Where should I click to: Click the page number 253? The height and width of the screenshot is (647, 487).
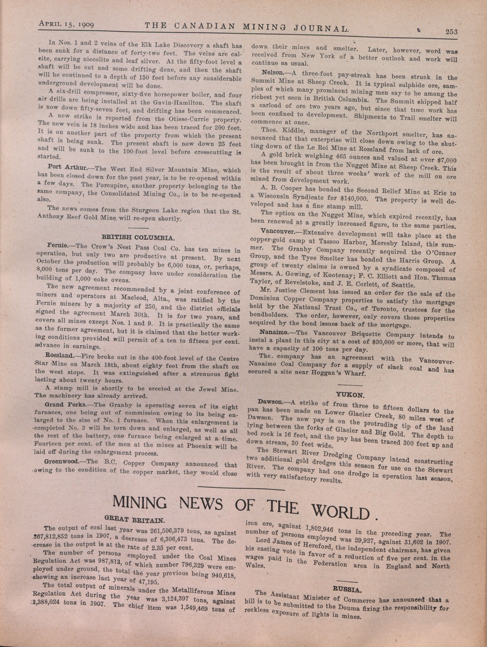click(x=451, y=32)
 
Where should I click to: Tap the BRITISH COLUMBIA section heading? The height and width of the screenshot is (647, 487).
click(x=138, y=237)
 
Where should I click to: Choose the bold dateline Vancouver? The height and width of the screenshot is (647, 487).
click(x=278, y=231)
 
